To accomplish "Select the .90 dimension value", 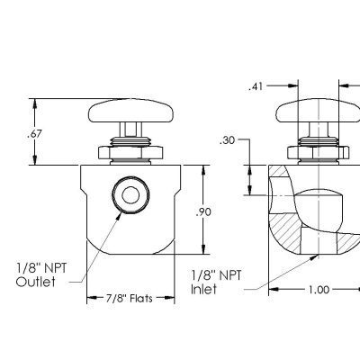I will [205, 212].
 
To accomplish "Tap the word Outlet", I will [36, 282].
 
